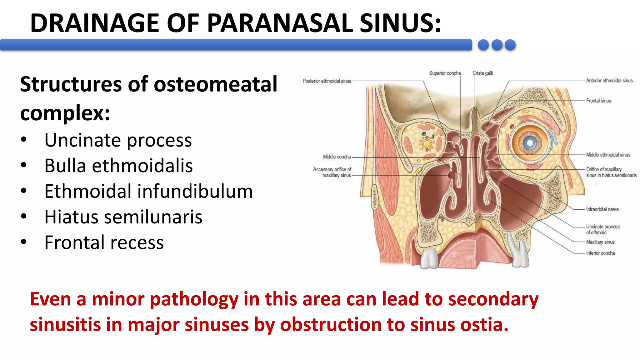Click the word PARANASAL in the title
pos(280,23)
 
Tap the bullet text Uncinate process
pos(118,140)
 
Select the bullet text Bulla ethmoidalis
pos(118,166)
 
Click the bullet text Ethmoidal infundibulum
pos(148,191)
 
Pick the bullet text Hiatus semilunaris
pos(123,217)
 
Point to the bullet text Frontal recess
pos(104,242)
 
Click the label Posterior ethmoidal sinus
pos(327,81)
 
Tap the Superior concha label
pos(445,73)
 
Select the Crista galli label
pos(482,73)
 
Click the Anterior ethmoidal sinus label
pos(609,81)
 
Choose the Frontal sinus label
pos(598,101)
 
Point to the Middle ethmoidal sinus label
pos(608,155)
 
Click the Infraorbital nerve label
pos(602,209)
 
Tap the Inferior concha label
pos(600,253)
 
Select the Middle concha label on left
pos(337,157)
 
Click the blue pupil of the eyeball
pos(530,143)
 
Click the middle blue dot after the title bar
pos(497,45)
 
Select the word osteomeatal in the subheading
pos(215,84)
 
